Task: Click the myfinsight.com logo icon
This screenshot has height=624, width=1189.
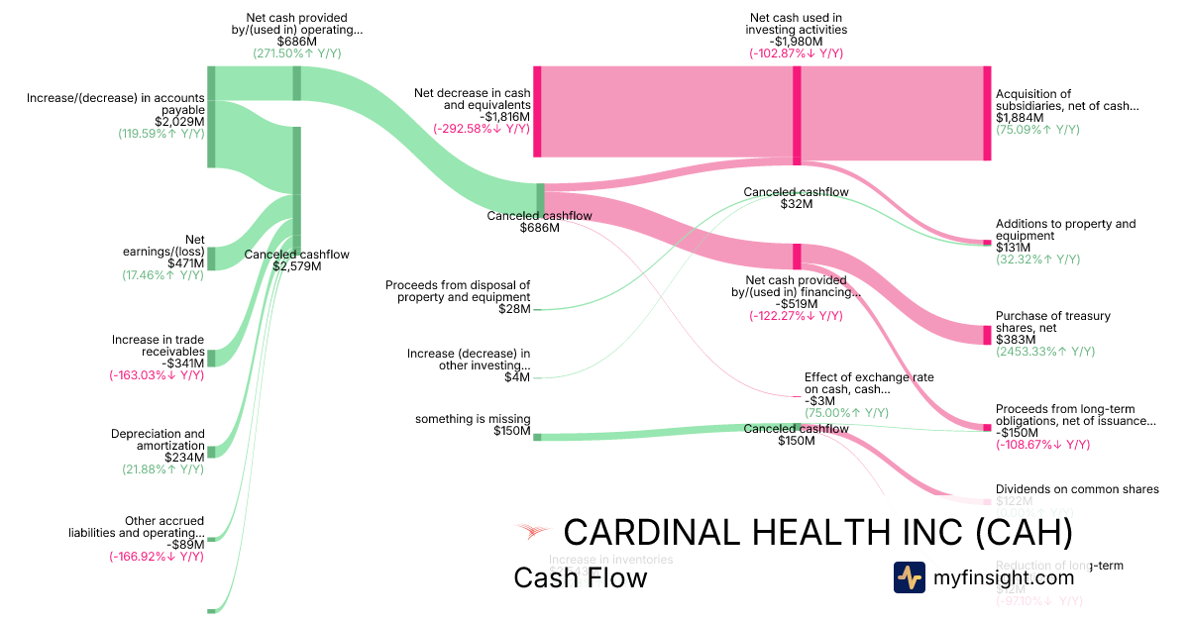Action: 910,577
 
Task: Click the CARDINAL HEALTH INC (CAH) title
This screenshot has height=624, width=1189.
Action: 817,533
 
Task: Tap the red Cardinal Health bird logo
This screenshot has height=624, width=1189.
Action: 532,532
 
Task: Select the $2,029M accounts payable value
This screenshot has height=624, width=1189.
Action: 179,122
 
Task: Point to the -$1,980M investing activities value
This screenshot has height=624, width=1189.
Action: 796,42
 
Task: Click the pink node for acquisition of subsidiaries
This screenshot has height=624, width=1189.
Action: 986,113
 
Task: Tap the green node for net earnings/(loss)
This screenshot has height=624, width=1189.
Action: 211,259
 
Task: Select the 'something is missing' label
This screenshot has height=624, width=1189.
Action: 473,419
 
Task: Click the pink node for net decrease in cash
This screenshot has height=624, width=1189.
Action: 537,111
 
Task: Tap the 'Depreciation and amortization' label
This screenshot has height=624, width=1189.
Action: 158,440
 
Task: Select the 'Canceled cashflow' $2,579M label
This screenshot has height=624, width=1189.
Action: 296,260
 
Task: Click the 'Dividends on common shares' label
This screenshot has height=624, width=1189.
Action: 1077,489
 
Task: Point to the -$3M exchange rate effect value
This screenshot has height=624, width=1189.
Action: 818,401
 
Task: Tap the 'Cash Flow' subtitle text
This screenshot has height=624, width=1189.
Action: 580,577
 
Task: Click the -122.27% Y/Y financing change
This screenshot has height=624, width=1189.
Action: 796,316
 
